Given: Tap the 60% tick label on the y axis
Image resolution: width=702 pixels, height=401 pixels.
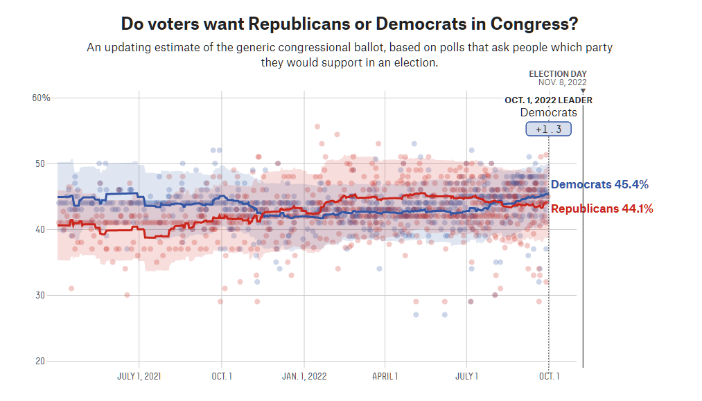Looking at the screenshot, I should coord(42,98).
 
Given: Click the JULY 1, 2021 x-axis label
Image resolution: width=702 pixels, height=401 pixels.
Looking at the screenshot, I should coord(139,377).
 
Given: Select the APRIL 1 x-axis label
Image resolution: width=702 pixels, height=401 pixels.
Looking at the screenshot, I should coord(385,377).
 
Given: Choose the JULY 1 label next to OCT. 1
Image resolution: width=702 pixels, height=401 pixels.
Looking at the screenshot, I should coord(466,377).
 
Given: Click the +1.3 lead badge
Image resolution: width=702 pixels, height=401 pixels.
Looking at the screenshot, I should coord(548,129).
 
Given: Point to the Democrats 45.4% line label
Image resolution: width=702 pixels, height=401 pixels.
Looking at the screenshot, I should coord(599,185).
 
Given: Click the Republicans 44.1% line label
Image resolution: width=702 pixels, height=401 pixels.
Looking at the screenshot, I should coord(602,208).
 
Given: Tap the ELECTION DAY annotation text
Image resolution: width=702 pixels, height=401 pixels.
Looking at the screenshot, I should coord(558,74).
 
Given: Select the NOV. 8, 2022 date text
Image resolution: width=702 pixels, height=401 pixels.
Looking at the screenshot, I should coord(562,82).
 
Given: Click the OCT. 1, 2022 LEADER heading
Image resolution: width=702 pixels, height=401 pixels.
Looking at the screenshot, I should coord(548,100).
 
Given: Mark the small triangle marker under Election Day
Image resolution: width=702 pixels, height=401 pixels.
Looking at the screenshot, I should coord(583,91).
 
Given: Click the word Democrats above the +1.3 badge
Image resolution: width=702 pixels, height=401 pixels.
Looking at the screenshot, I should coord(548,113).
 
